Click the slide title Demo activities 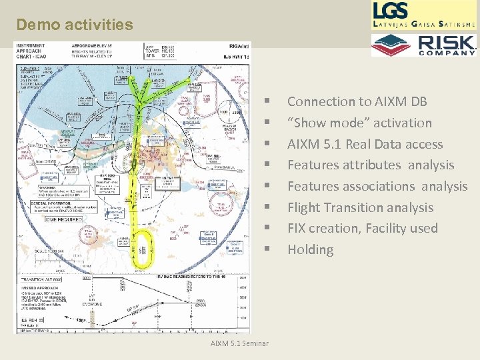pyautogui.click(x=75, y=25)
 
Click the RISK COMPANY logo pyautogui.click(x=425, y=45)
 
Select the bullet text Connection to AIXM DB pyautogui.click(x=357, y=102)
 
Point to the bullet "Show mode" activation pyautogui.click(x=359, y=123)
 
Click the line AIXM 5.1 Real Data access pyautogui.click(x=365, y=144)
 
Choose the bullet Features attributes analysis pyautogui.click(x=370, y=165)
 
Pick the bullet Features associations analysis pyautogui.click(x=377, y=186)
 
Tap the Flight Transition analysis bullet pyautogui.click(x=360, y=207)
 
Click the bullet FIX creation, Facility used pyautogui.click(x=362, y=228)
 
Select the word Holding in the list pyautogui.click(x=310, y=249)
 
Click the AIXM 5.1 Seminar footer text pyautogui.click(x=239, y=343)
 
